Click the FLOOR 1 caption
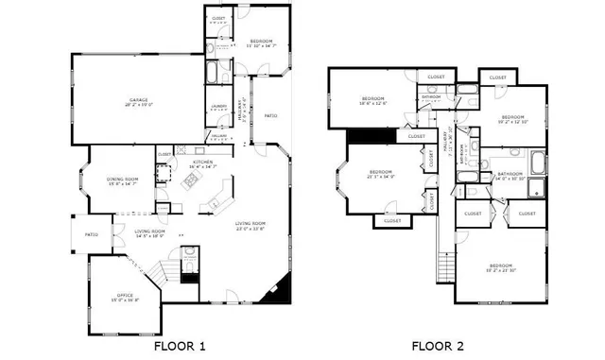coord(179,347)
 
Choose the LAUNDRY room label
coord(218,107)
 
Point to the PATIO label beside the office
coord(92,234)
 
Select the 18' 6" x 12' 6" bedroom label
coord(373,101)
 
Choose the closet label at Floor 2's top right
coord(498,77)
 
